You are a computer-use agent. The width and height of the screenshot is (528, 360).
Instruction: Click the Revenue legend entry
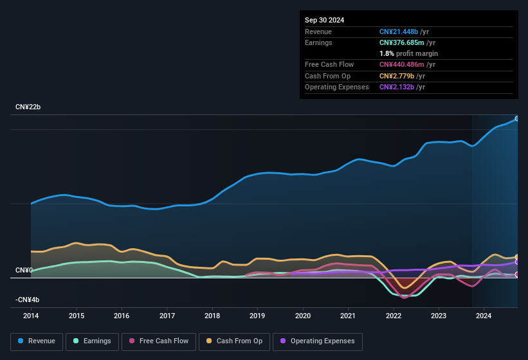tap(37, 341)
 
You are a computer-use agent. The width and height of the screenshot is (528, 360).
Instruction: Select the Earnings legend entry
tap(92, 341)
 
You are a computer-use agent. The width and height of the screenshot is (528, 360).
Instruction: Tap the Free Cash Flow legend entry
tap(159, 341)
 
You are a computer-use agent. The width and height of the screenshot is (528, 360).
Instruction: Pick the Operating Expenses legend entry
tap(317, 341)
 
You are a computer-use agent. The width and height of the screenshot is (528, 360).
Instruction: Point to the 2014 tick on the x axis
tap(31, 316)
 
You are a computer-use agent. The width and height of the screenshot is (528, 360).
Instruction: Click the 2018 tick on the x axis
tap(212, 316)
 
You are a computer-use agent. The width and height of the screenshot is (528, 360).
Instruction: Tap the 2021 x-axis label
tap(348, 316)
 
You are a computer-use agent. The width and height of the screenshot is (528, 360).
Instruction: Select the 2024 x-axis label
tap(484, 316)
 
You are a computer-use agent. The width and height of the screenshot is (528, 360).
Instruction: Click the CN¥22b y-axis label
tap(28, 107)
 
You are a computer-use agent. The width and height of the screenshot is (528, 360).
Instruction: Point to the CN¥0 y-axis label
tap(24, 270)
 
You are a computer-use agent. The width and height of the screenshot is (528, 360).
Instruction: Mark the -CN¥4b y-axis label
tap(28, 300)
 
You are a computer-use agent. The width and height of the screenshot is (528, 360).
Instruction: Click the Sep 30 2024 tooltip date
tap(325, 20)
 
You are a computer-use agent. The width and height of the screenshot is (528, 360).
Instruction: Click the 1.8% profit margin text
tap(408, 53)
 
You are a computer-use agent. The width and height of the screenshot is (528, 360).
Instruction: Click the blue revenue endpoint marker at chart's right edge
tap(517, 118)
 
